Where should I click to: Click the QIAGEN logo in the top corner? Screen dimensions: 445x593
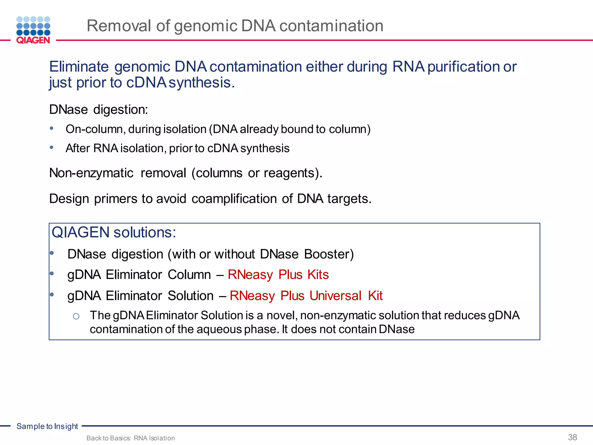tap(33, 30)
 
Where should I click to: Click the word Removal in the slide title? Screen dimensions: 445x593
tap(119, 26)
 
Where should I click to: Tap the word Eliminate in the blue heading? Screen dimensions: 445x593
tap(79, 67)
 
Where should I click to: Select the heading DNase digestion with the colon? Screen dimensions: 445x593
tap(98, 110)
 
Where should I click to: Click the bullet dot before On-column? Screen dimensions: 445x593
tap(52, 128)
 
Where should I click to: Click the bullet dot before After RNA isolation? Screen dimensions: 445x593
tap(52, 147)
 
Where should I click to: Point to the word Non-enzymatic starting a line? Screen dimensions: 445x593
tap(91, 173)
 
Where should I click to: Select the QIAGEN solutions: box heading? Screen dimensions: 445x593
tap(114, 233)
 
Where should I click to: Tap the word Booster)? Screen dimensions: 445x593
tap(329, 254)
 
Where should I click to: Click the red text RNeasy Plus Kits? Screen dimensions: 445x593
tap(278, 275)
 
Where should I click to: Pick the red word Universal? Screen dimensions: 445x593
tap(335, 296)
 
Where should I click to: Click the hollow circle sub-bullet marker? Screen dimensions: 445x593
tap(76, 316)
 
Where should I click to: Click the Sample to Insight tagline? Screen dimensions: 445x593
tap(47, 426)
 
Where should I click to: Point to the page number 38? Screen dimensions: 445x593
tap(572, 437)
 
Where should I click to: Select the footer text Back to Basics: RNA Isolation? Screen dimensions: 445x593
tap(131, 438)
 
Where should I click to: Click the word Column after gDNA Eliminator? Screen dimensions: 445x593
tap(189, 275)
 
